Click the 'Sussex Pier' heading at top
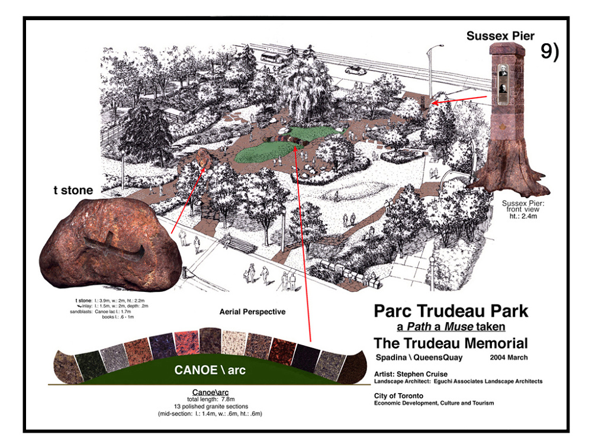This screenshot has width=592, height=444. tap(500, 36)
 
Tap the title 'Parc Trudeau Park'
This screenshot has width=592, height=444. tap(451, 310)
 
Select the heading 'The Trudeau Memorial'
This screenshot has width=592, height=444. tap(451, 343)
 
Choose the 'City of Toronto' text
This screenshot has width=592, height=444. tap(398, 395)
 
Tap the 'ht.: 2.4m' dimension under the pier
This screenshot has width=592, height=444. tap(523, 217)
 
